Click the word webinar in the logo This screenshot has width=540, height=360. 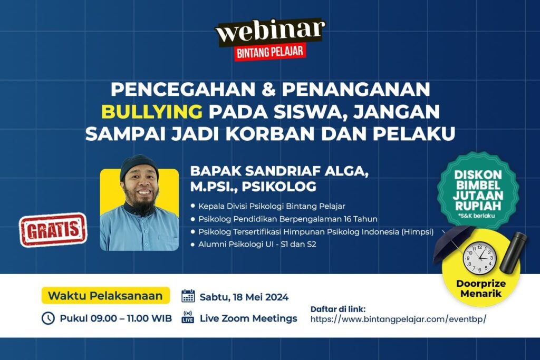pyautogui.click(x=270, y=31)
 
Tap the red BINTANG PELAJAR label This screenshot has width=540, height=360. pyautogui.click(x=270, y=53)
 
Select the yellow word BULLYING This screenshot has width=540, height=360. pyautogui.click(x=151, y=112)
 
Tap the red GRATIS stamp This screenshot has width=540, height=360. pyautogui.click(x=53, y=230)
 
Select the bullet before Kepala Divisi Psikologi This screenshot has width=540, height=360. pyautogui.click(x=192, y=206)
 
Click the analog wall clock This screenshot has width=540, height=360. pyautogui.click(x=479, y=258)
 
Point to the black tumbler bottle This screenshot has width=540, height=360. pyautogui.click(x=513, y=252)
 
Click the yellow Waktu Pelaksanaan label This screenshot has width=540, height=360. pyautogui.click(x=105, y=296)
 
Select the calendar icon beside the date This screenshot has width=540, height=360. pyautogui.click(x=188, y=296)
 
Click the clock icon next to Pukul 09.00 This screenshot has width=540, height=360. pyautogui.click(x=48, y=318)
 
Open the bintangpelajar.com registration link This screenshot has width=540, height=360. pyautogui.click(x=398, y=319)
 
